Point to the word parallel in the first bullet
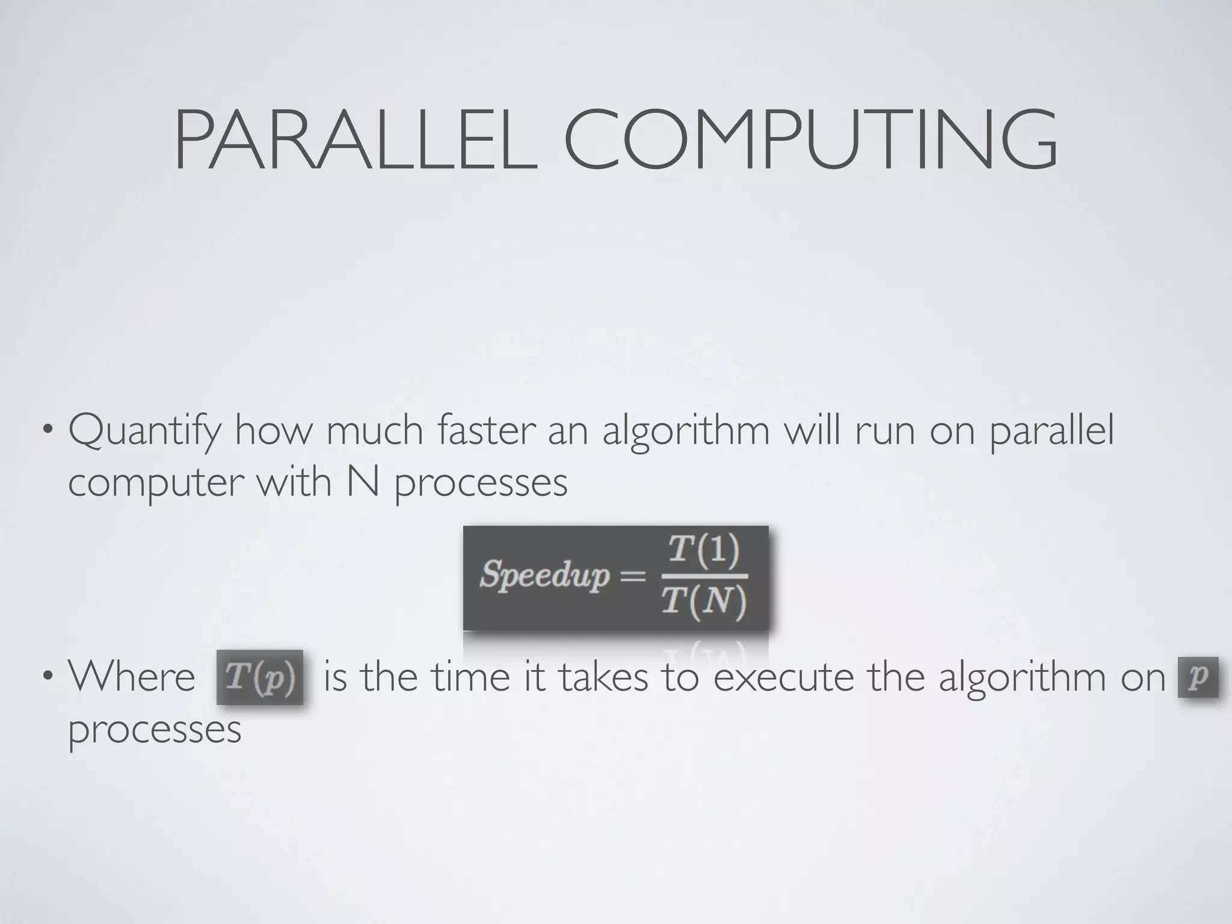(x=1052, y=432)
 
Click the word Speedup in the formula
(x=544, y=574)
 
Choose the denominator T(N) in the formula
(x=704, y=601)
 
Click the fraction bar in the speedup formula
(x=704, y=576)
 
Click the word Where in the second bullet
(x=132, y=677)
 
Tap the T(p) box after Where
(x=260, y=677)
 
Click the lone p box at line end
(x=1198, y=677)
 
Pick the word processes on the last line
(x=155, y=729)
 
